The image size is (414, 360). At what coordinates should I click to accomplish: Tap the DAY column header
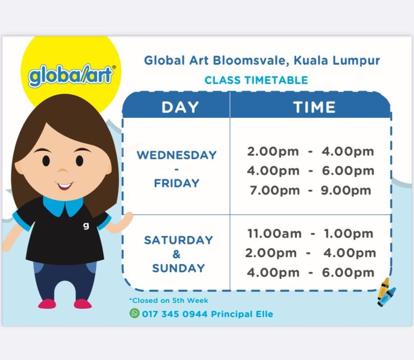click(180, 107)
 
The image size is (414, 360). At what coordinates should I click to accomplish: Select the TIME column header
click(314, 107)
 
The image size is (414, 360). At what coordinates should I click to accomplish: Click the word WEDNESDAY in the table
click(177, 155)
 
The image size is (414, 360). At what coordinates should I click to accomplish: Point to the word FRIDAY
click(177, 183)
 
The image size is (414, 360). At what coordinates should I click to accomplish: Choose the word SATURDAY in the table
click(178, 240)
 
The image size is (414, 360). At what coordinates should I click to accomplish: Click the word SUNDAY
click(178, 268)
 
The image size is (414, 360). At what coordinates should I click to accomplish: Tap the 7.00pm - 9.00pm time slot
click(310, 190)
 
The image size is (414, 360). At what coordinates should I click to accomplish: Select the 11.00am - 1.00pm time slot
click(310, 233)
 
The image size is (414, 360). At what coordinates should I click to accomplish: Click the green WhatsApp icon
click(134, 313)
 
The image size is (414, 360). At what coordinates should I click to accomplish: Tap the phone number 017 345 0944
click(175, 314)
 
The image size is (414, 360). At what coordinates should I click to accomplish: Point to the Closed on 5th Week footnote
click(169, 301)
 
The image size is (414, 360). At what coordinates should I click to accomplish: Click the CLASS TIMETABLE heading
click(256, 80)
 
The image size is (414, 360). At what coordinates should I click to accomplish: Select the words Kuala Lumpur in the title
click(337, 61)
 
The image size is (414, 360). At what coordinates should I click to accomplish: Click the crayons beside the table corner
click(386, 292)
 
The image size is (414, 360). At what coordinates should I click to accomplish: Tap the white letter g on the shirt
click(86, 226)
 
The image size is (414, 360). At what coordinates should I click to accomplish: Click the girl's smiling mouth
click(64, 185)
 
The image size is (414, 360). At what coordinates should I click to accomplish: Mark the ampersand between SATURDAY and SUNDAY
click(176, 254)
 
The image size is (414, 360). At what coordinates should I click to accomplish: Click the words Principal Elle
click(242, 314)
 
